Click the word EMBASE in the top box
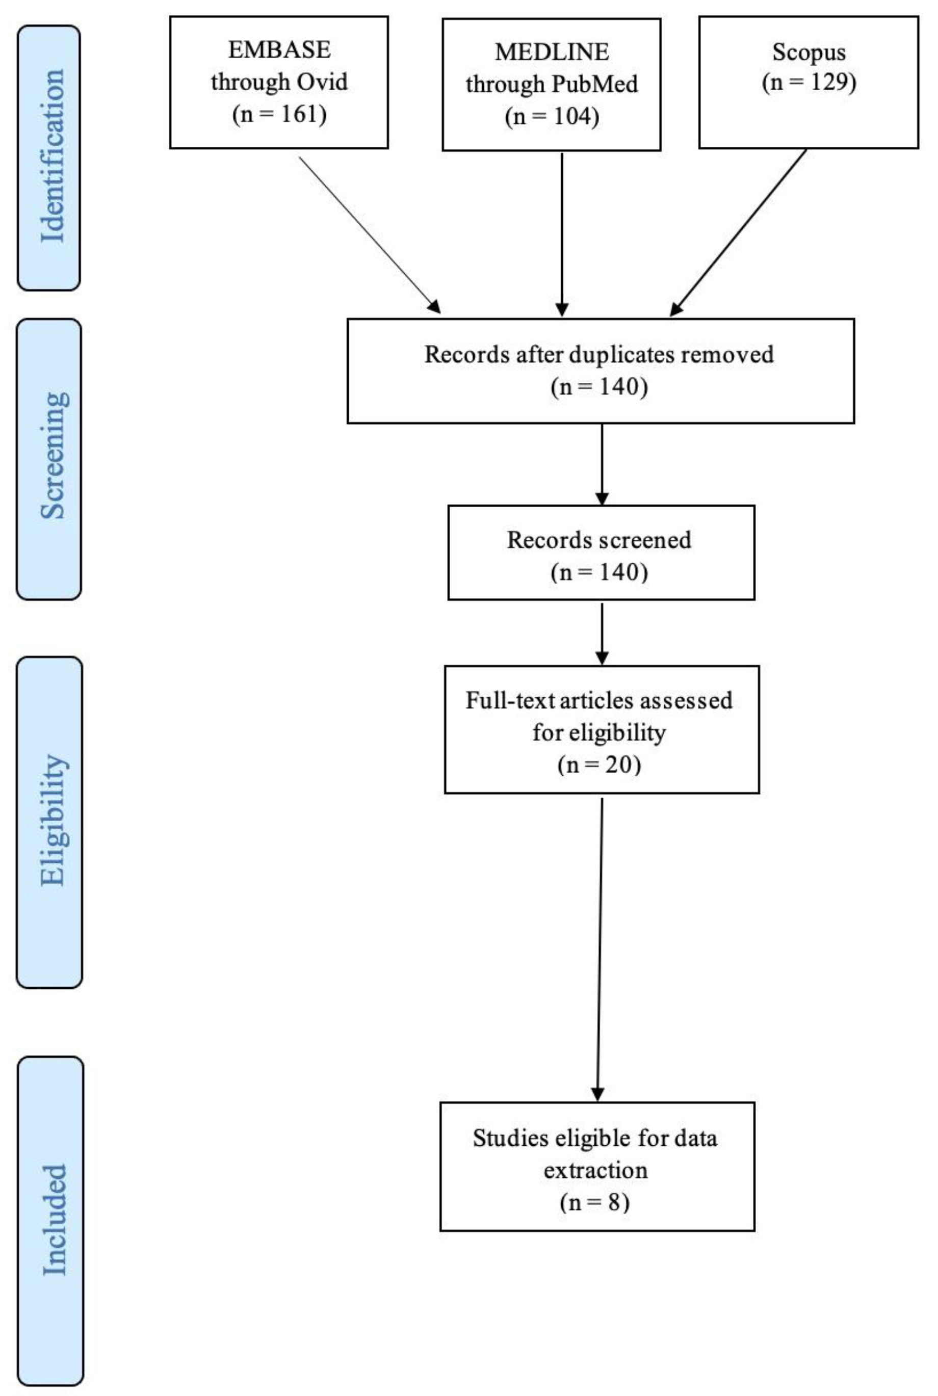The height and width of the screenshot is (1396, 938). [279, 49]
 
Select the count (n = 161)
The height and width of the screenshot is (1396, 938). [279, 114]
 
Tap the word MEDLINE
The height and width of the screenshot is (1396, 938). [552, 52]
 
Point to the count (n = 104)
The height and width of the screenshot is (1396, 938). [552, 116]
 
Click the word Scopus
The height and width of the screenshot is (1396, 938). [809, 52]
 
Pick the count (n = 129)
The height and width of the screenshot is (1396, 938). [809, 82]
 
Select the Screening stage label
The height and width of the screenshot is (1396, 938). [53, 456]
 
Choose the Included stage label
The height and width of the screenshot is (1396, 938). [54, 1220]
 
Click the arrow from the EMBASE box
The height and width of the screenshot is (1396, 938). [369, 234]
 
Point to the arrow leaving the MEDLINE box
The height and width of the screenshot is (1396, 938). [562, 233]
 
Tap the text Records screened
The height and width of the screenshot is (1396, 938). [599, 540]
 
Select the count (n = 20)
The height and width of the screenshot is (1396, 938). [599, 765]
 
